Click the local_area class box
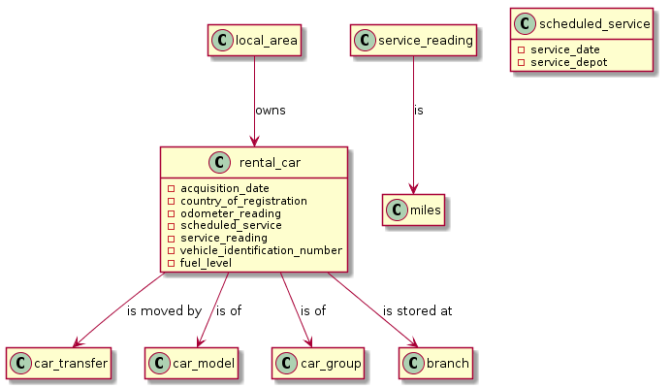coord(254,40)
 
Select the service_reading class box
coord(414,40)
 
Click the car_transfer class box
coord(57,363)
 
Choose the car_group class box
coord(317,363)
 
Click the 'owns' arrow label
coord(270,110)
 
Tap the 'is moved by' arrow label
coord(164,311)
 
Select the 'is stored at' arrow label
coord(417,311)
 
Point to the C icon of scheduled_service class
coord(525,24)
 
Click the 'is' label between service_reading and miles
coord(419,110)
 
